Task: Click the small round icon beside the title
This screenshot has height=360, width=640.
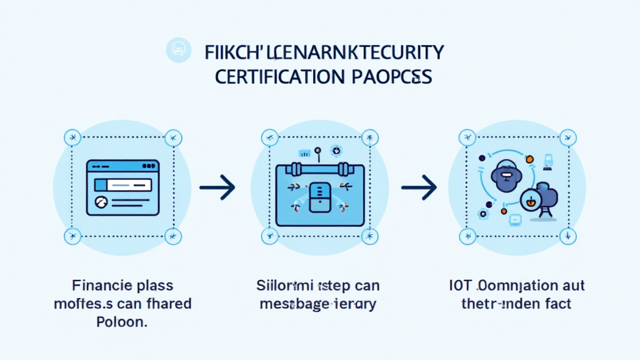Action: pyautogui.click(x=178, y=50)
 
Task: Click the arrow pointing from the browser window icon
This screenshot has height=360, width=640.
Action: pyautogui.click(x=217, y=186)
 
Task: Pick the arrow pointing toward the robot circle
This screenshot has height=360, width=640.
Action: pyautogui.click(x=418, y=186)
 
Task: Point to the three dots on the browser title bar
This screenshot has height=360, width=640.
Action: pyautogui.click(x=149, y=166)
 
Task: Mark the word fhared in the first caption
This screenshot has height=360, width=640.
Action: pyautogui.click(x=167, y=304)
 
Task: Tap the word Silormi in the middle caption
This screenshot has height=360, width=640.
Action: pyautogui.click(x=281, y=287)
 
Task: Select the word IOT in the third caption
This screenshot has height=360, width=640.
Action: pyautogui.click(x=459, y=287)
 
